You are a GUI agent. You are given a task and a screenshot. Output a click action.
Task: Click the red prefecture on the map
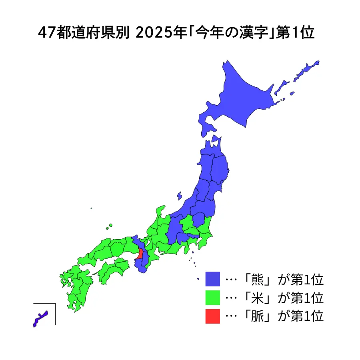140,254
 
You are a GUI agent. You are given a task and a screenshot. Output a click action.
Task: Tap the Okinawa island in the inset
40,318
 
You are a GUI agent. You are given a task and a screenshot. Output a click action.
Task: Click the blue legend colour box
212,279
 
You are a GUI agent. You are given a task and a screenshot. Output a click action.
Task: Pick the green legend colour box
212,298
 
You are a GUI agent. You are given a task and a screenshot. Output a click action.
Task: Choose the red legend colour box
212,316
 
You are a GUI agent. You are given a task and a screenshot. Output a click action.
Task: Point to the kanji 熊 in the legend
256,279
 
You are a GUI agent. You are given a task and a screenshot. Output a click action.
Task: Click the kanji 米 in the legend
256,298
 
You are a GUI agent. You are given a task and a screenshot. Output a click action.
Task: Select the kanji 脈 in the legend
256,316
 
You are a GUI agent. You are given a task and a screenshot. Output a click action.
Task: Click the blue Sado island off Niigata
179,196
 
